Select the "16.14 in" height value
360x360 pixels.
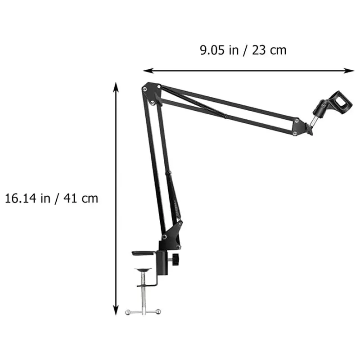pos(27,198)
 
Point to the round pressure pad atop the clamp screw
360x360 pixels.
pos(144,270)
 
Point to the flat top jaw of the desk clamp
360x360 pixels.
pos(143,253)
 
